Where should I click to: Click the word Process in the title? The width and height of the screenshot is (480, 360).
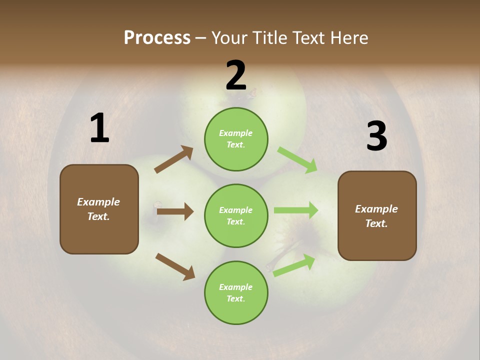[157, 38]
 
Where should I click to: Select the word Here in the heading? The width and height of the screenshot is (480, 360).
[347, 38]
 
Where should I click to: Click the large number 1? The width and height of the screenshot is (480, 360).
[99, 128]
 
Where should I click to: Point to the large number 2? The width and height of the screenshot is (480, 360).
[236, 75]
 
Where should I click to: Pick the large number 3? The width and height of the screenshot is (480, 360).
[376, 136]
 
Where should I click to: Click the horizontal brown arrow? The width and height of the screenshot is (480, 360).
[175, 211]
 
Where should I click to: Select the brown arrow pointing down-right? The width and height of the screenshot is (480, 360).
[175, 266]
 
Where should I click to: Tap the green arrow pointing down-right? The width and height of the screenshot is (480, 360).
[297, 160]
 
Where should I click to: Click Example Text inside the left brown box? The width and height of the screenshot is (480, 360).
[98, 209]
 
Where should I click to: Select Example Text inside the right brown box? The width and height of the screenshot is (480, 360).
[376, 216]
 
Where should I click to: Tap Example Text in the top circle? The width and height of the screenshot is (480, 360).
[236, 139]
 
